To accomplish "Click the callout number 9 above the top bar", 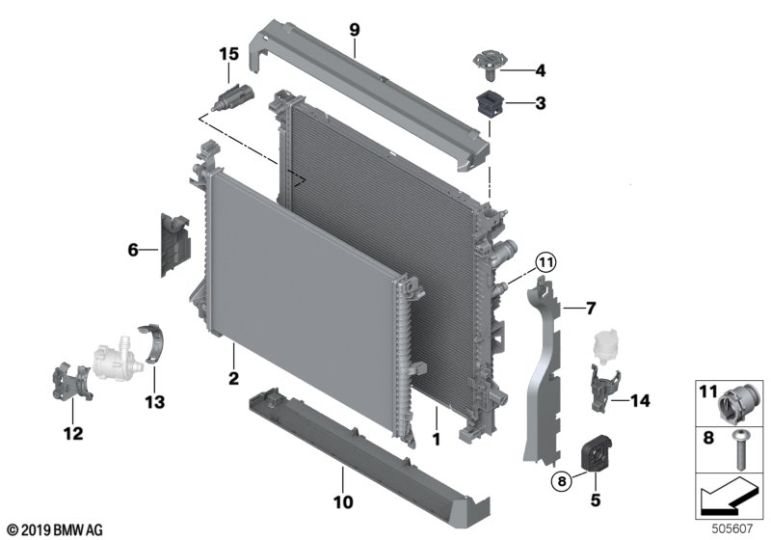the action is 355,30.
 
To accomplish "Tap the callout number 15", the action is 228,54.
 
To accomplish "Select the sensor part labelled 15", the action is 233,95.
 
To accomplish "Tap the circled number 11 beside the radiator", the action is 545,262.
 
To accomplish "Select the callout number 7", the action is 591,309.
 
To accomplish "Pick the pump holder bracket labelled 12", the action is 71,381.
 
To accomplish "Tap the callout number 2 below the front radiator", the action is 233,378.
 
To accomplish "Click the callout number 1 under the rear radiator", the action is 437,439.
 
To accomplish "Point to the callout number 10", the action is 343,502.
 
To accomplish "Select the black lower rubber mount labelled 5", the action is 596,452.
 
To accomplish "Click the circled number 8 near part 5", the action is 562,480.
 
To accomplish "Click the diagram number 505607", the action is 732,528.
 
